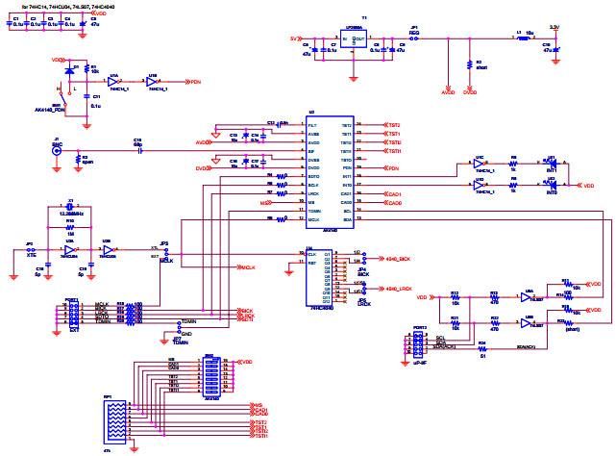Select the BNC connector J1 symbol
pyautogui.click(x=57, y=150)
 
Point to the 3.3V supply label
pyautogui.click(x=553, y=27)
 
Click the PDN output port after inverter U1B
pyautogui.click(x=195, y=82)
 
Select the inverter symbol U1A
pyautogui.click(x=117, y=82)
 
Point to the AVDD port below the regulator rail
pyautogui.click(x=447, y=93)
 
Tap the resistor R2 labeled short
pyautogui.click(x=471, y=64)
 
